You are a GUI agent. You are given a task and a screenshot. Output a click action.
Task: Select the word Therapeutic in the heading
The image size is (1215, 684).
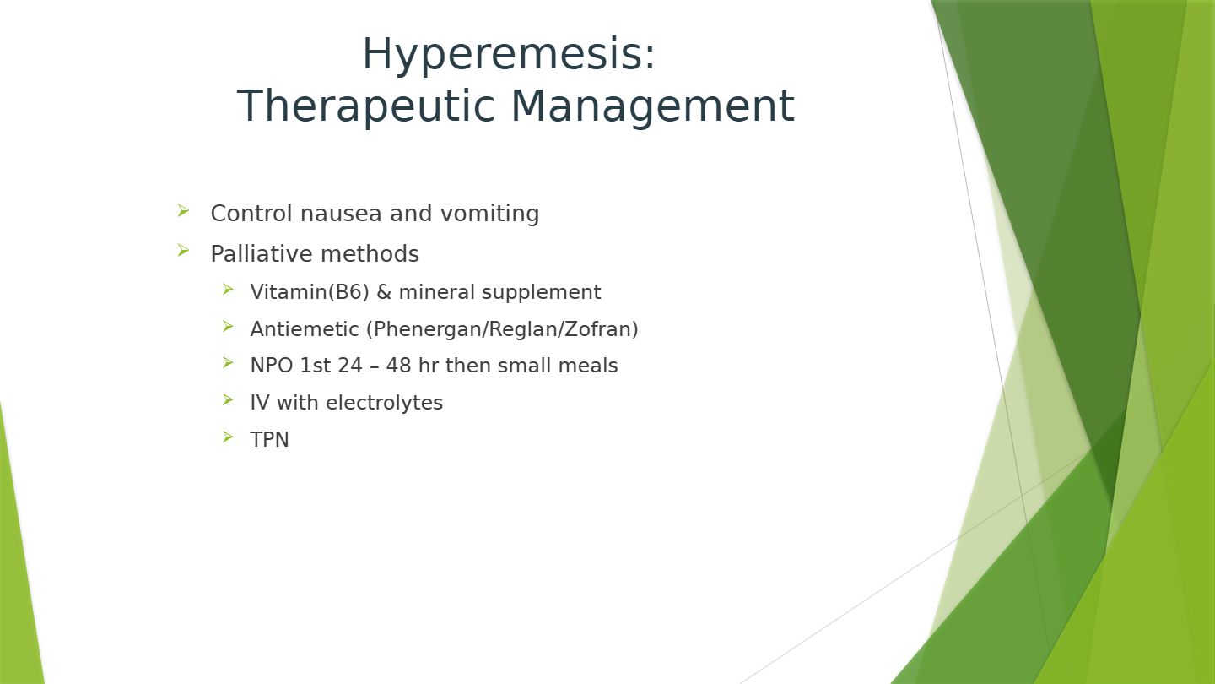pyautogui.click(x=366, y=107)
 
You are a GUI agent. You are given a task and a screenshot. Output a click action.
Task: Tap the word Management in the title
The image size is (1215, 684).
pyautogui.click(x=653, y=107)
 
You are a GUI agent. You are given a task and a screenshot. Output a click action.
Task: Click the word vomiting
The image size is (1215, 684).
pyautogui.click(x=489, y=214)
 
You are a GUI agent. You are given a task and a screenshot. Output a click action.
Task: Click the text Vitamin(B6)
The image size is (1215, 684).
pyautogui.click(x=310, y=292)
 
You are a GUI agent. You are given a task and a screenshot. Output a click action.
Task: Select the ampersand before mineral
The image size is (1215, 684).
pyautogui.click(x=383, y=292)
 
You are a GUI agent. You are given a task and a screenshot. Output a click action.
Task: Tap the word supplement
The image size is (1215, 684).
pyautogui.click(x=542, y=293)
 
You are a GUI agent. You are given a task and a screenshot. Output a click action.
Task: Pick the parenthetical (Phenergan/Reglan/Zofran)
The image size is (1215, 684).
pyautogui.click(x=502, y=329)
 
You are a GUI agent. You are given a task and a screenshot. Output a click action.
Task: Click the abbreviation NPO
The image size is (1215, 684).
pyautogui.click(x=271, y=366)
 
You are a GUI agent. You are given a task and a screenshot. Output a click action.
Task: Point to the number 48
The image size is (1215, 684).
pyautogui.click(x=398, y=366)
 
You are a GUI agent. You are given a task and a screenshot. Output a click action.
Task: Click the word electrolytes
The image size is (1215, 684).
pyautogui.click(x=384, y=403)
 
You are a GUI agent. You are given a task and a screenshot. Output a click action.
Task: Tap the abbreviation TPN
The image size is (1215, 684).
pyautogui.click(x=270, y=439)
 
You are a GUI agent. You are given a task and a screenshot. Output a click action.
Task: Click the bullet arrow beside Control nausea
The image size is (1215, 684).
pyautogui.click(x=183, y=210)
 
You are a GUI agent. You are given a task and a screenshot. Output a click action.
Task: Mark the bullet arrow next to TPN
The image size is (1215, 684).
pyautogui.click(x=228, y=437)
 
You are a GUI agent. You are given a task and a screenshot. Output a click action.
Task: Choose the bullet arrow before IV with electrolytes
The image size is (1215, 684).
pyautogui.click(x=228, y=399)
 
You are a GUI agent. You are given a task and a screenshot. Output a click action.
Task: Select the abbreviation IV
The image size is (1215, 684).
pyautogui.click(x=260, y=403)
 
